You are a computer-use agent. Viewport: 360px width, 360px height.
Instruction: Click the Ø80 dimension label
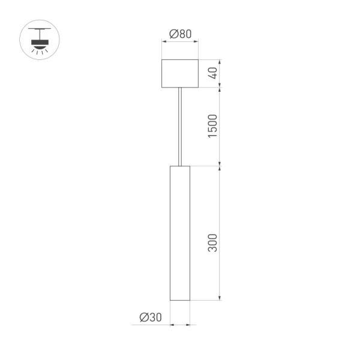click(180, 34)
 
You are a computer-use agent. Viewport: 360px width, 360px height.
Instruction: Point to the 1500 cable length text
click(212, 126)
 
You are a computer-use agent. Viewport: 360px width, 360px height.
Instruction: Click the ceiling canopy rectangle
click(180, 74)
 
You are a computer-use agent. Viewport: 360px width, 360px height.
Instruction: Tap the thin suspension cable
click(180, 126)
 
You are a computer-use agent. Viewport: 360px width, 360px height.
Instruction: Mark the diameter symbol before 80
click(173, 34)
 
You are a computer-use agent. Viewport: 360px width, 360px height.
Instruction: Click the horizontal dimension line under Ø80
click(180, 42)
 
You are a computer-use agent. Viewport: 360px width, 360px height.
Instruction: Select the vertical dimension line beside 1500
click(220, 126)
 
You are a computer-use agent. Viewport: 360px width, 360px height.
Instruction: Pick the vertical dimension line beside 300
click(220, 233)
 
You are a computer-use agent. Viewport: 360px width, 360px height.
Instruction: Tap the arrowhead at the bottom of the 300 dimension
click(220, 297)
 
